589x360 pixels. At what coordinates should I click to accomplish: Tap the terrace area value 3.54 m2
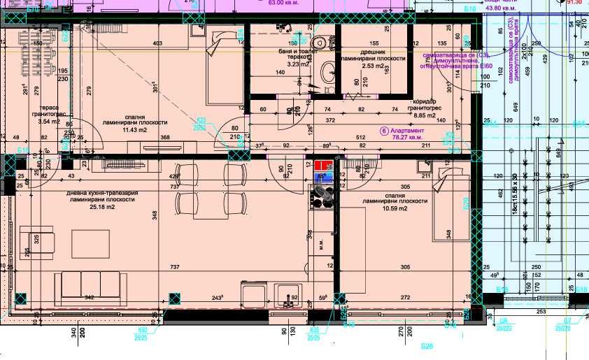point(50,122)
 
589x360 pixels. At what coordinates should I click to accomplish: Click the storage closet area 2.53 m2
point(374,66)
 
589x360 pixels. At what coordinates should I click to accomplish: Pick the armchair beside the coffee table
point(31,241)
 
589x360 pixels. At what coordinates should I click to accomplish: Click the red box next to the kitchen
point(322,166)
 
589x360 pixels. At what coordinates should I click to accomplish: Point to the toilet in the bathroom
point(320,41)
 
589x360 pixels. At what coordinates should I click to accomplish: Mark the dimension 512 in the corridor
point(361,137)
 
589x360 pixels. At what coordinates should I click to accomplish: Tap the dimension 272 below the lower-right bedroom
point(404,298)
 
